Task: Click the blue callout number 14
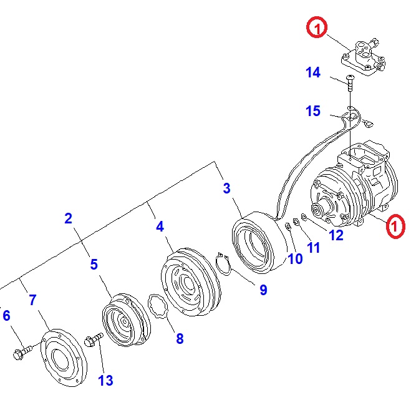313,73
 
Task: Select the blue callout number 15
313,111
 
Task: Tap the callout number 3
227,188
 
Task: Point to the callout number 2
68,218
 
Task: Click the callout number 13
105,380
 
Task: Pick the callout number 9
263,290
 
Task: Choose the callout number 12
336,235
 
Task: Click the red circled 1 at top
316,28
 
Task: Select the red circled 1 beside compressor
395,227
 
